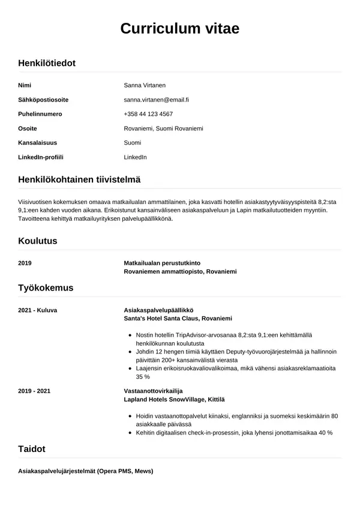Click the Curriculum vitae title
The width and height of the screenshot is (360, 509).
click(180, 28)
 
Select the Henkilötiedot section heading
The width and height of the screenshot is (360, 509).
click(47, 62)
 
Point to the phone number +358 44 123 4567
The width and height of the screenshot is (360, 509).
click(148, 114)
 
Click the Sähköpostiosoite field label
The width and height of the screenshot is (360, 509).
click(43, 100)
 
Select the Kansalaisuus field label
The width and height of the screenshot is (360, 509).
click(38, 143)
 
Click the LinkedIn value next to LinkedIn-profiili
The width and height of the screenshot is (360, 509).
click(135, 157)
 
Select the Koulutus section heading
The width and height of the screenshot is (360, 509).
click(38, 241)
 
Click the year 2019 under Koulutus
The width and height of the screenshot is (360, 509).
click(25, 264)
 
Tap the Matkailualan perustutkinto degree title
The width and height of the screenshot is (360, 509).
click(162, 264)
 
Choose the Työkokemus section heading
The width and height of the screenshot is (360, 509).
click(46, 288)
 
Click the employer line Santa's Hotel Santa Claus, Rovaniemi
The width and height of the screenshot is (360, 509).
click(178, 318)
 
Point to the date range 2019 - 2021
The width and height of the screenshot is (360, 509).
click(35, 391)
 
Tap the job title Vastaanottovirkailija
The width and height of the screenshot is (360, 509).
click(152, 391)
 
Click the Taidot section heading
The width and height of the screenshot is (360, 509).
click(32, 448)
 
